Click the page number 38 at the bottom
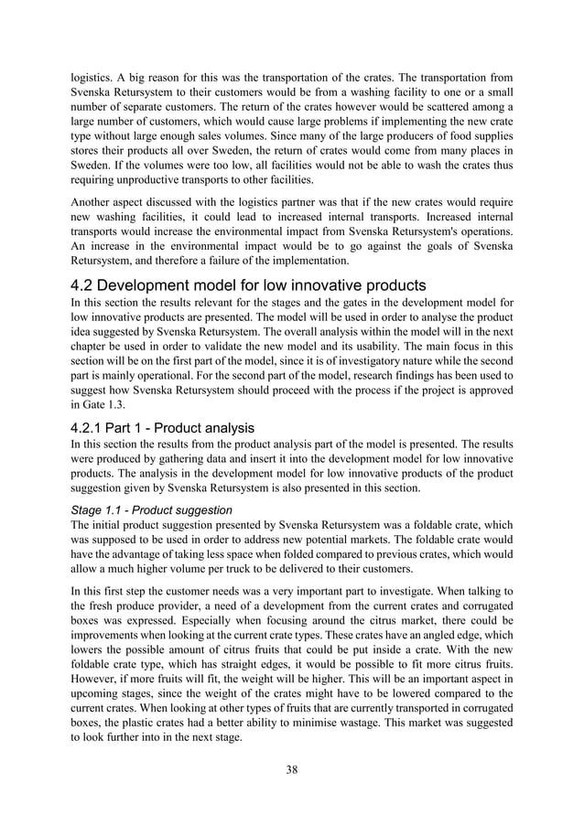292,769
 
